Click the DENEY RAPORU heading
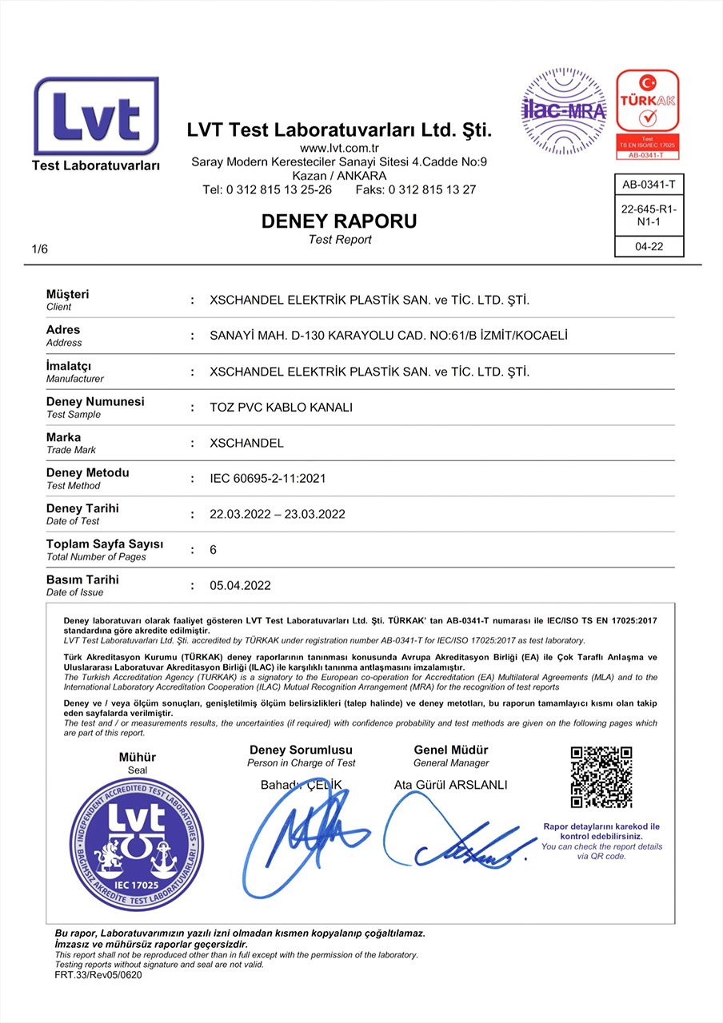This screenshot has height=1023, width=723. [x=339, y=221]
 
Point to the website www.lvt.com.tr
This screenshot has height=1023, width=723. [x=339, y=148]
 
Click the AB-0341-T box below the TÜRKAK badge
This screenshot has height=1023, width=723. [x=649, y=185]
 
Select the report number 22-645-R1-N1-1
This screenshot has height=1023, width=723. [x=649, y=216]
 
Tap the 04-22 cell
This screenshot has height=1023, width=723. [x=649, y=248]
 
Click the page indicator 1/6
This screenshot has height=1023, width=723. [x=40, y=249]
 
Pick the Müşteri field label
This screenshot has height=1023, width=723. [x=68, y=295]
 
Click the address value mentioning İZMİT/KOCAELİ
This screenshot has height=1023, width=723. [x=388, y=336]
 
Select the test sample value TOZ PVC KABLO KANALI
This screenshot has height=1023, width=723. [x=281, y=408]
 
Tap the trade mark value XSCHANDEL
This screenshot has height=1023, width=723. [x=246, y=443]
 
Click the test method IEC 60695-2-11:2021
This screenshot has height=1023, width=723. [x=267, y=479]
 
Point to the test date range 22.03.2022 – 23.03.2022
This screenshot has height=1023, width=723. [x=278, y=514]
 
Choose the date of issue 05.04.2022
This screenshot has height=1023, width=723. [x=240, y=586]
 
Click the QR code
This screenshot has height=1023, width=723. [x=601, y=777]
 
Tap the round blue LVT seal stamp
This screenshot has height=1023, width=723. [x=136, y=844]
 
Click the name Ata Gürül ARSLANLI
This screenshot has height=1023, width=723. [x=451, y=785]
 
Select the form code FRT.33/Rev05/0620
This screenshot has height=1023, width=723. [x=98, y=975]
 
